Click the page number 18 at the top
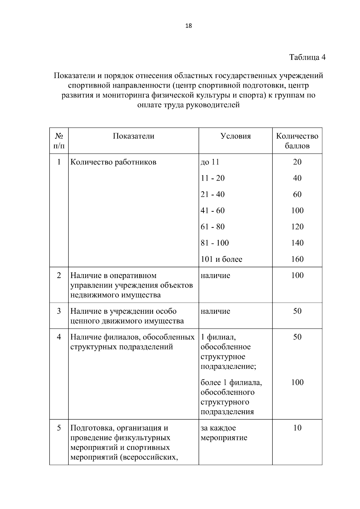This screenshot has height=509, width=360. pos(189,26)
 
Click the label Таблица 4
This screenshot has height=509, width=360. pos(307,57)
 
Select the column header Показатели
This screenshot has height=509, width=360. pos(133,136)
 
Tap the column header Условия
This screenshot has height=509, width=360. pos(235,136)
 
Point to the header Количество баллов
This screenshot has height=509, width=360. pos(297,141)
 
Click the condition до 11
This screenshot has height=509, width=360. pos(210,162)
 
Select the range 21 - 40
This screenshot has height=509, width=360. pos(212,194)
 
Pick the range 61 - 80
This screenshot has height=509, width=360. pos(212,227)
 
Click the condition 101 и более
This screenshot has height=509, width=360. pos(221,259)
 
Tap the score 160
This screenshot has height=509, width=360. pos(297,259)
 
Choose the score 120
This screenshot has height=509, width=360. pos(297,227)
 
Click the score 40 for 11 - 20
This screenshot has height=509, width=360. pos(297,178)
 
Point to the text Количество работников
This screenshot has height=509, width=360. pos(113,162)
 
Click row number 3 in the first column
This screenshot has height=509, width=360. pos(59,311)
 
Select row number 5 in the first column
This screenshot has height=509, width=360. pos(59,428)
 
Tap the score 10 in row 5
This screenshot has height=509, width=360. pos(297,428)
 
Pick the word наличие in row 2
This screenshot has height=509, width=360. pos(215,275)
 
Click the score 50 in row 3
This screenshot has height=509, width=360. pos(297,311)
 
